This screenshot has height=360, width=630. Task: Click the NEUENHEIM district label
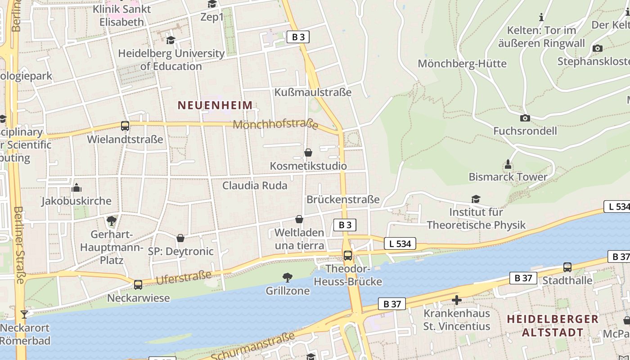pos(215,105)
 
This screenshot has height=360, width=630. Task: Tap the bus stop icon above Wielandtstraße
pos(125,126)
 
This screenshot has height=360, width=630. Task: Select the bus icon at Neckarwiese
pos(138,284)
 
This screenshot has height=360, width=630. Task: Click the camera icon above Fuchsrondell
pos(525,118)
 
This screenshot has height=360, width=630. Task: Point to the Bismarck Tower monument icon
pos(508,164)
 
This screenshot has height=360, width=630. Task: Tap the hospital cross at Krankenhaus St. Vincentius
pos(457,300)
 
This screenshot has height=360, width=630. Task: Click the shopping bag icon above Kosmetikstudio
pos(308,153)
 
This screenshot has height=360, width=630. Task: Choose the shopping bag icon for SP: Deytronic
pos(180,238)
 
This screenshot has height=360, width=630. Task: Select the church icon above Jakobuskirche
pos(76,187)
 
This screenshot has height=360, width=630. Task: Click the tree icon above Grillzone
pos(287,277)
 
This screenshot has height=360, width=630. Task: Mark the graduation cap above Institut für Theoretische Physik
pos(476,199)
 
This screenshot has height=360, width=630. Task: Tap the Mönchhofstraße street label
pos(275,124)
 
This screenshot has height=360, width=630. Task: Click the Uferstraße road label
pos(183,277)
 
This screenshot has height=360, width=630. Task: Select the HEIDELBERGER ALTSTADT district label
pos(553,326)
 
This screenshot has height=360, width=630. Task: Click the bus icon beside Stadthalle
pos(567,267)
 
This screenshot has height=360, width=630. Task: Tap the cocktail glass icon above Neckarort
pos(24,314)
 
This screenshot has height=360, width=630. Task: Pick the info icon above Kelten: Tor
pos(541,18)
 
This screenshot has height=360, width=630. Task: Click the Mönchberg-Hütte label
pos(462,63)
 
